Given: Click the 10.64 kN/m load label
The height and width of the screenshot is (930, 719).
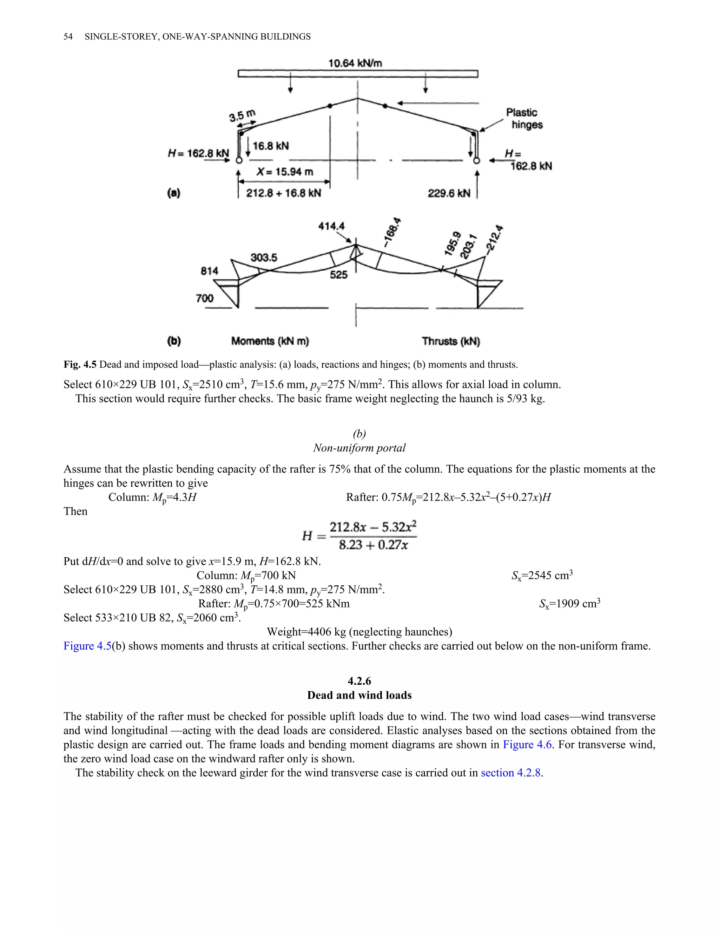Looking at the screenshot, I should (355, 64).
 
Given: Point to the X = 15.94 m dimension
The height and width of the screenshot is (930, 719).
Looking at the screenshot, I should (284, 172).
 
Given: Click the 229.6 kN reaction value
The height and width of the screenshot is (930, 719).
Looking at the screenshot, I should (449, 193).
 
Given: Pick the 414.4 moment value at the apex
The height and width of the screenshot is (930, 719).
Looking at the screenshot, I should (331, 226).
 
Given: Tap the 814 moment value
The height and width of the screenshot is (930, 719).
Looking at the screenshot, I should (210, 271).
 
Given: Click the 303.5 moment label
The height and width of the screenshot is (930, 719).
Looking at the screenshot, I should (264, 257).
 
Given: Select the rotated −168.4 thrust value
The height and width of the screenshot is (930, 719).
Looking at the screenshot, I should (392, 232).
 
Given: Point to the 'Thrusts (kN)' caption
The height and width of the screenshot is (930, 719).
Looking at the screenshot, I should (451, 341).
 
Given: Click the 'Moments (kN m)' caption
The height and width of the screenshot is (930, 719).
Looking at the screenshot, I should (270, 341).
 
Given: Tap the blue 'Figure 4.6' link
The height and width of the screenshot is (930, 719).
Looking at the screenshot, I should (527, 744).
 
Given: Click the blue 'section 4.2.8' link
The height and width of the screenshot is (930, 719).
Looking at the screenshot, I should (511, 773).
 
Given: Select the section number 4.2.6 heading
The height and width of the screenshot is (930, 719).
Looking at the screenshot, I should (359, 681).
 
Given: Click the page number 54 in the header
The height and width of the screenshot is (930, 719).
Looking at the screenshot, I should (68, 36).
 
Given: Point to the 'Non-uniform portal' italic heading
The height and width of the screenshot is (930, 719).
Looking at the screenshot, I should (359, 448).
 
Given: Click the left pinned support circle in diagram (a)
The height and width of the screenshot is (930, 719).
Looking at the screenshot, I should (239, 160).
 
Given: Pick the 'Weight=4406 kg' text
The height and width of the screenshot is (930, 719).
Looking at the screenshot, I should (359, 631).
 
